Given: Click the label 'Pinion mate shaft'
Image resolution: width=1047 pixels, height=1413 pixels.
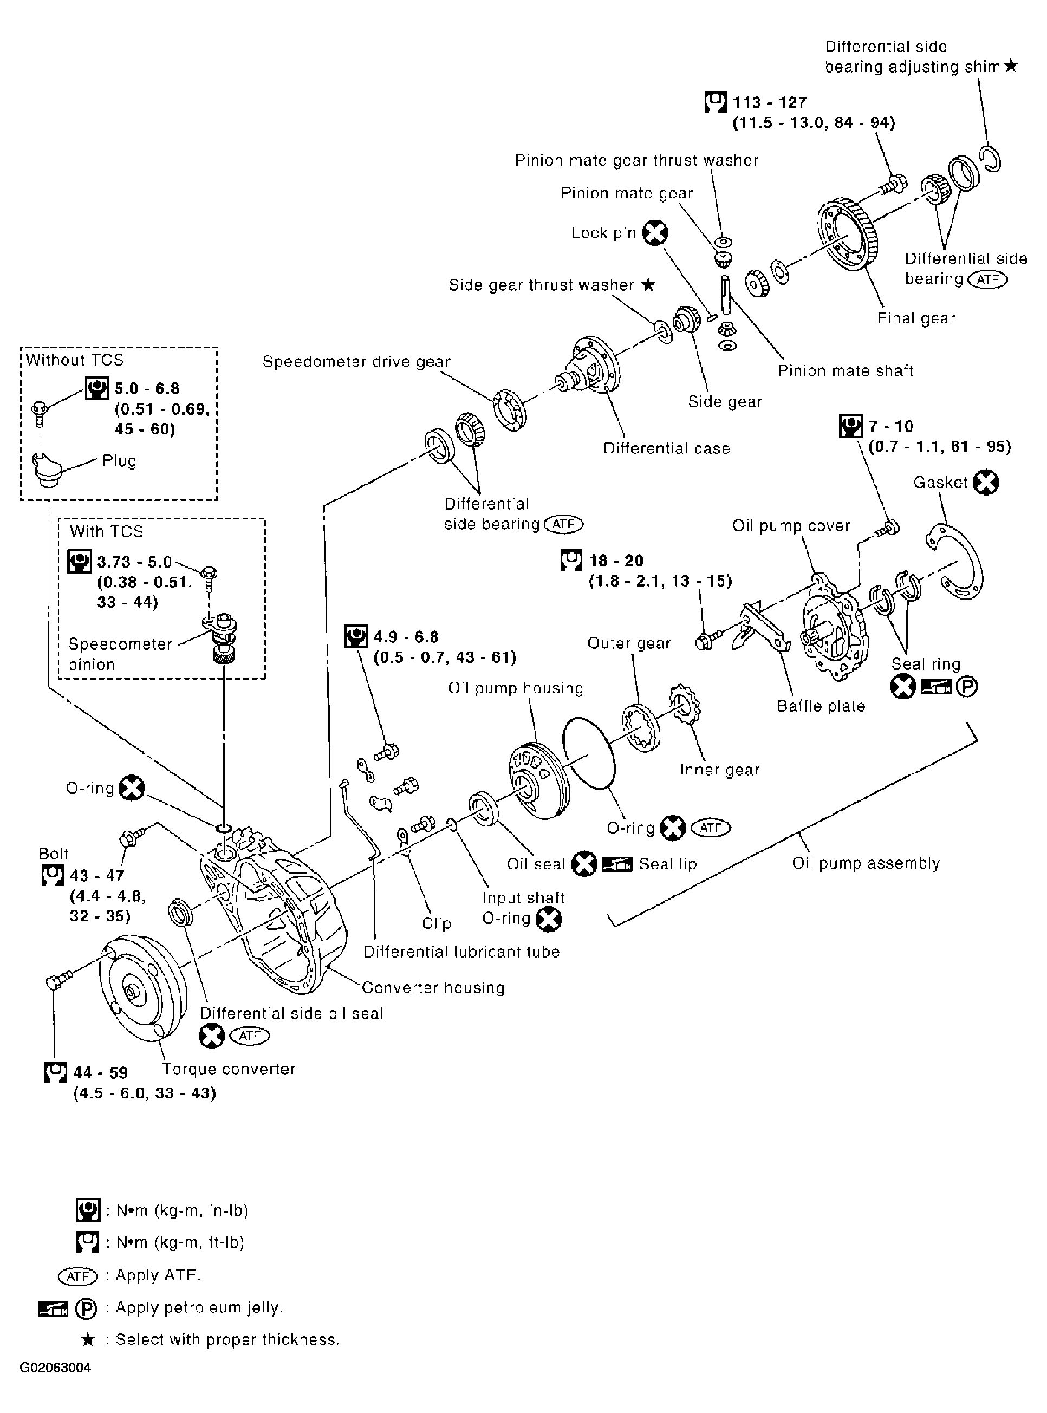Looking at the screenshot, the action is coord(846,370).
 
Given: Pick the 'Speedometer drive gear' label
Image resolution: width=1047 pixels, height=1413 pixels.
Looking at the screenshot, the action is coord(356,362).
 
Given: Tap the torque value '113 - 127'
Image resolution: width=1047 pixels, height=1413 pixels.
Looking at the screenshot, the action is coord(769,102).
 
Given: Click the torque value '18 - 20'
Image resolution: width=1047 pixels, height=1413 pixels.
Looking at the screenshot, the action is coord(616,560).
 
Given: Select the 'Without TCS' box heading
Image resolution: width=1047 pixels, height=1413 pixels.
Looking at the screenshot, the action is coord(75,360).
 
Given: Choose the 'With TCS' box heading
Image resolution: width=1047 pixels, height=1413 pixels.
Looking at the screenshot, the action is coord(107,531).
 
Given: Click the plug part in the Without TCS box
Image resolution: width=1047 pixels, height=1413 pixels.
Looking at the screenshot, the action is coord(46,470).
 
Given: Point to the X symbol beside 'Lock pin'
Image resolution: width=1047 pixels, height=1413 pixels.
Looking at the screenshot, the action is coord(655,233).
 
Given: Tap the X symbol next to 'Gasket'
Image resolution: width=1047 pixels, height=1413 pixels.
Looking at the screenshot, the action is coord(986,482).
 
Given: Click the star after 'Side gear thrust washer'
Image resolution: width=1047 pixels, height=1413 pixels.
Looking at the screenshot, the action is coord(648,284).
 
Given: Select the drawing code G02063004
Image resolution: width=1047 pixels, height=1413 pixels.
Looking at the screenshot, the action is coord(55,1385).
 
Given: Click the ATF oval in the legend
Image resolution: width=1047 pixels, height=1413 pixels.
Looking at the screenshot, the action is coord(78,1275).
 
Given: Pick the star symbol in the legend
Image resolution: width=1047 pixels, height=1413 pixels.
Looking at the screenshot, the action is coord(88,1339).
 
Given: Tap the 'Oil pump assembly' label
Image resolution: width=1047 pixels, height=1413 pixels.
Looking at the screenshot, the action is coord(866,863).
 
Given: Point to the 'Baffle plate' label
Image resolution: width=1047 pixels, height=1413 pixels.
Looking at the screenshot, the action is coord(821,706).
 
